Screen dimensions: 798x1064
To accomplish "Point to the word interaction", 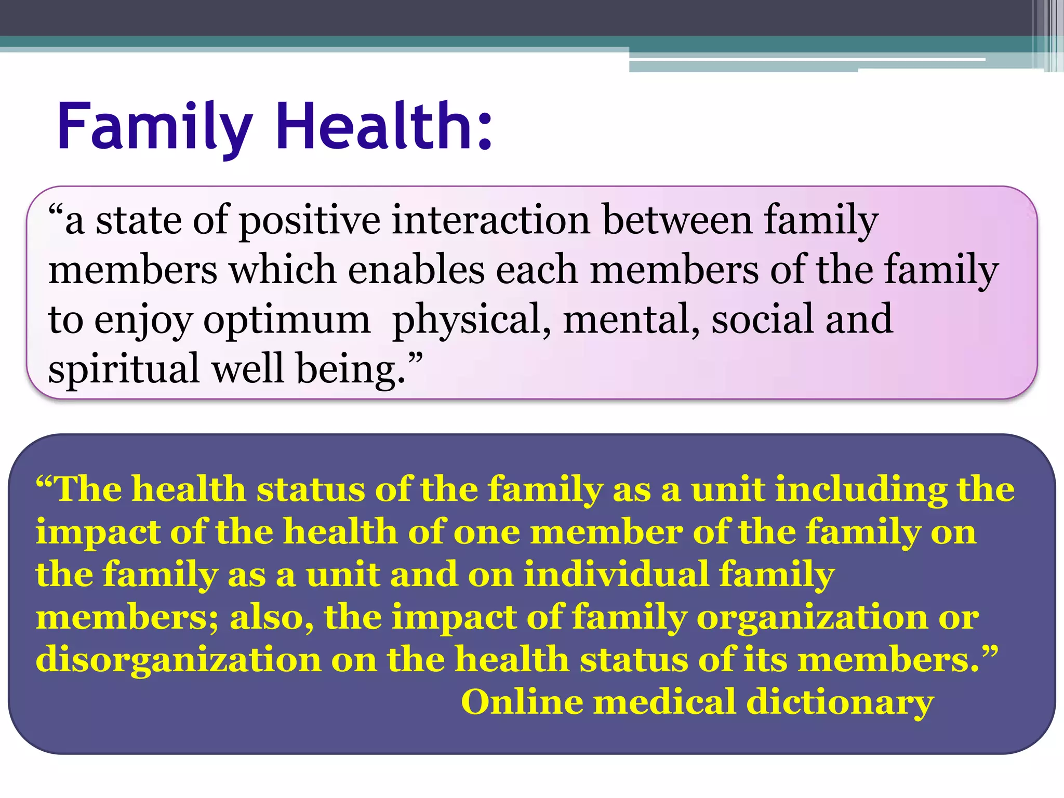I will [490, 220].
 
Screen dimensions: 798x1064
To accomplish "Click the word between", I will [677, 220].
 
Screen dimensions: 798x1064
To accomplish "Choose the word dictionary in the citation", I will [840, 703].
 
